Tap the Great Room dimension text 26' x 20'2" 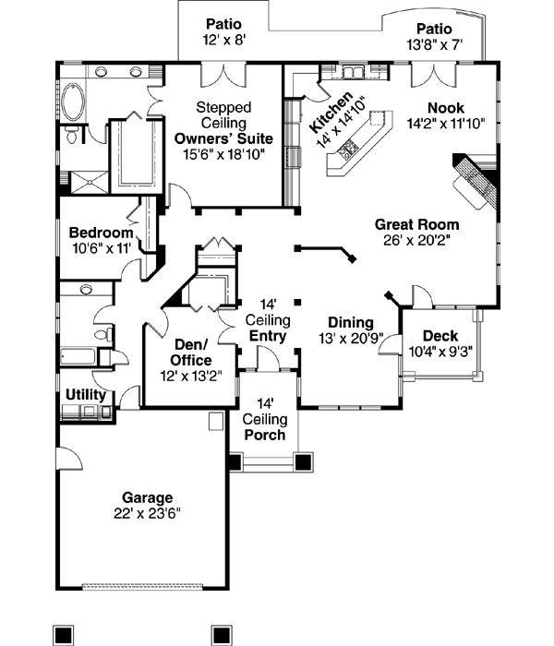416,239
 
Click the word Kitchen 331,113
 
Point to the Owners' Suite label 223,138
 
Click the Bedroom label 101,233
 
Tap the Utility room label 85,395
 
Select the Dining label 351,323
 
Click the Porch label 264,436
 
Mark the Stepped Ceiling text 223,114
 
